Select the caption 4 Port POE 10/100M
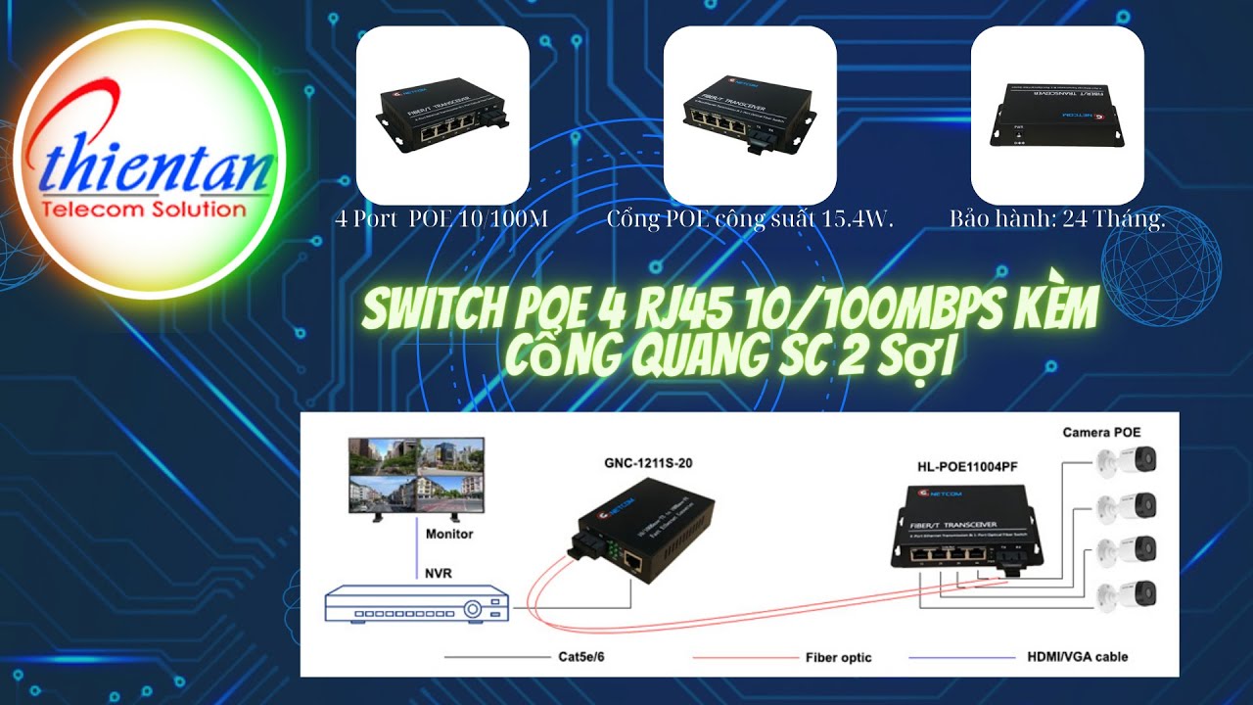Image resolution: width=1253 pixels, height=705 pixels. (x=441, y=219)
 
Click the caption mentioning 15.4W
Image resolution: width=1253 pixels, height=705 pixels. (x=750, y=219)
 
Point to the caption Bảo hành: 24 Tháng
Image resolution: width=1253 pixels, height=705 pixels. (x=1057, y=219)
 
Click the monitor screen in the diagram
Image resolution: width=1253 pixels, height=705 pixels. (x=416, y=473)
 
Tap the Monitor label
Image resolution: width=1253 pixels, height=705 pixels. (x=449, y=534)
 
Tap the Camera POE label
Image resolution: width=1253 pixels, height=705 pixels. (x=1102, y=432)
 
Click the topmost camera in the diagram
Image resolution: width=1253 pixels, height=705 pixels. (x=1128, y=459)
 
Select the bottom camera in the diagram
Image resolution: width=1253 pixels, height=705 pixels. (x=1128, y=593)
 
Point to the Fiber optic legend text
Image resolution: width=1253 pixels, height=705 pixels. (x=838, y=657)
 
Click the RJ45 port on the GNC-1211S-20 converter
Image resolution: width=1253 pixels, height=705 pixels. (x=633, y=562)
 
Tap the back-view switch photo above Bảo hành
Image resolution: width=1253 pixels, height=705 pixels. (x=1057, y=115)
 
